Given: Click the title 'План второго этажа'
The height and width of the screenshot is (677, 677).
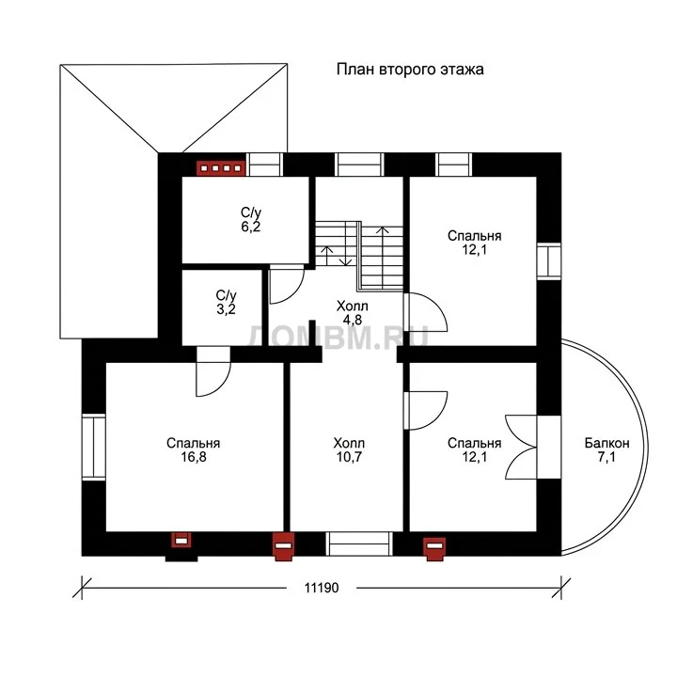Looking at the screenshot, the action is point(410,70).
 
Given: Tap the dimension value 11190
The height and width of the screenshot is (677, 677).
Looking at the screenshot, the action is point(322,588).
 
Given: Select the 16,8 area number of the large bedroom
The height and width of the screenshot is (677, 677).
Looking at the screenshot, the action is point(194,457).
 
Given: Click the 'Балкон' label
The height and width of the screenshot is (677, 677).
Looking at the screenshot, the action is point(606,443).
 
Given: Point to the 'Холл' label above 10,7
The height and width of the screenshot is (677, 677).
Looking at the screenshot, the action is point(349,443).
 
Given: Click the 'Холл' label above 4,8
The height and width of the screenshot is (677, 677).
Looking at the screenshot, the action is point(352,307).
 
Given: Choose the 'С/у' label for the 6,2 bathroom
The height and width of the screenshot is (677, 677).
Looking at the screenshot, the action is point(251,213).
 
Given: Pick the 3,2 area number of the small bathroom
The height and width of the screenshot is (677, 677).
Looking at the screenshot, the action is point(226,309).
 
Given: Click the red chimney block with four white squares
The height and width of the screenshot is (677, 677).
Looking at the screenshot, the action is point(221,168).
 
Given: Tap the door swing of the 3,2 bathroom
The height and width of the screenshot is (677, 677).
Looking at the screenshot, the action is point(213,371).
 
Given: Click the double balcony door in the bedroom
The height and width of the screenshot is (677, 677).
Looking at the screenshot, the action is point(521,447).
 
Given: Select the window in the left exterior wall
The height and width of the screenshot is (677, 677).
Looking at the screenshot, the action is point(94,447).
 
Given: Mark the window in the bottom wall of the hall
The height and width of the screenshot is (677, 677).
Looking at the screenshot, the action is point(359,543).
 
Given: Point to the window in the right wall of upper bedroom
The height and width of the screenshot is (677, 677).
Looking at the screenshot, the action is point(549,261).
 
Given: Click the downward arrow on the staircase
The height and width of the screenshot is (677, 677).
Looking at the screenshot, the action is point(345,255).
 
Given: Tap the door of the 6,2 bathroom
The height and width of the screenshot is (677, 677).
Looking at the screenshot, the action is point(286,284).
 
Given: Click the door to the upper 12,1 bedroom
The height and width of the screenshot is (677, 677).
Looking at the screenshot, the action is point(426,312).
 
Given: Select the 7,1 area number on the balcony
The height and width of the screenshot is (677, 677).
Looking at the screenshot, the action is point(606,457).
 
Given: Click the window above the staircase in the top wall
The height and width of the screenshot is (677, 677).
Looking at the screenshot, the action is point(359,165).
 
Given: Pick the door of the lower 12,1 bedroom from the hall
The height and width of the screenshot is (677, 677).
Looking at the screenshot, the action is point(426,410).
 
